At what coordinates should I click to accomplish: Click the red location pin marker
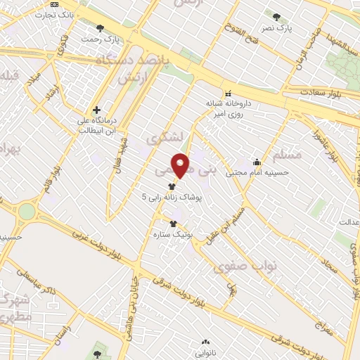[x=181, y=165]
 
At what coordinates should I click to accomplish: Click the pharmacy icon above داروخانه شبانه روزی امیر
[x=227, y=94]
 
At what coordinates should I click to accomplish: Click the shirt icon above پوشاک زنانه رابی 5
[x=172, y=186]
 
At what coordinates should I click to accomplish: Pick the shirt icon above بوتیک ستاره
[x=173, y=223]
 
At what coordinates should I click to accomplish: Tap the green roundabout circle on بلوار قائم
[x=27, y=210]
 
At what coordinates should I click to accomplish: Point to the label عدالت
[x=349, y=222]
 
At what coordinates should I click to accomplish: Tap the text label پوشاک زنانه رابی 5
[x=172, y=198]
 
